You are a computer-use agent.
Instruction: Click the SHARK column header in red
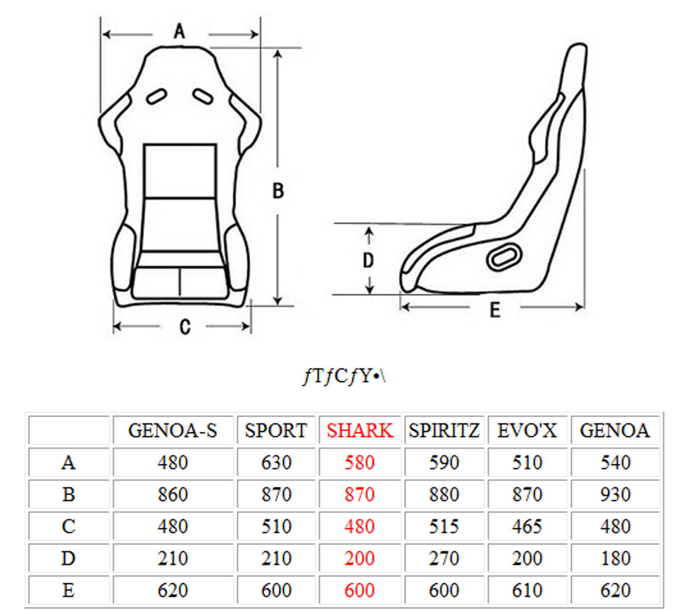[x=360, y=431]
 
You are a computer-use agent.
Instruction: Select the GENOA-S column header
[x=173, y=431]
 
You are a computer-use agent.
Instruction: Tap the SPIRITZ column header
[x=444, y=431]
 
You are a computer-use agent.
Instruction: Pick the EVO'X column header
[x=527, y=431]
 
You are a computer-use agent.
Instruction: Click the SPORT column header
[x=276, y=431]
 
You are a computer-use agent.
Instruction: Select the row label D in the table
[x=68, y=558]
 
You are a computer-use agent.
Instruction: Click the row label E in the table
[x=68, y=590]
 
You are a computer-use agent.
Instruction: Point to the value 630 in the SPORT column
[x=276, y=462]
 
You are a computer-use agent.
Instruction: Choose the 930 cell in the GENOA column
[x=615, y=494]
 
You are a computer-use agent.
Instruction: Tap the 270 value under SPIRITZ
[x=444, y=558]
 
